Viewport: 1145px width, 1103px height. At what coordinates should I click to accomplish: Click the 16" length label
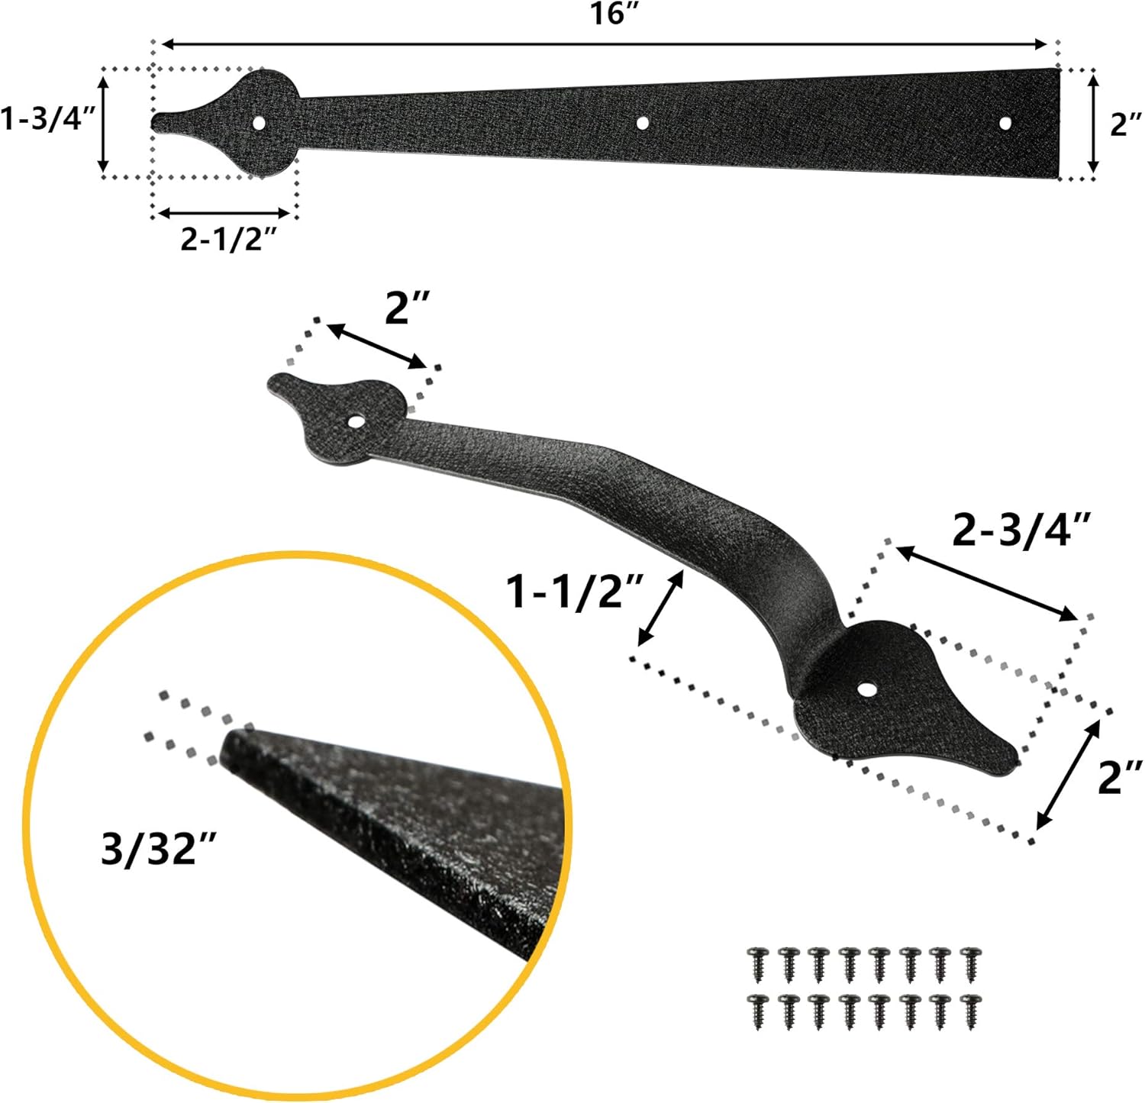pyautogui.click(x=613, y=14)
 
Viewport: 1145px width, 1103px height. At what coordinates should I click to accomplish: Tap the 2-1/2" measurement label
pyautogui.click(x=227, y=239)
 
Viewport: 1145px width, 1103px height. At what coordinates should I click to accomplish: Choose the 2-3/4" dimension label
pyautogui.click(x=1021, y=530)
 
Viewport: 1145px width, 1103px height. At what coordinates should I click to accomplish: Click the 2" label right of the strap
pyautogui.click(x=1125, y=124)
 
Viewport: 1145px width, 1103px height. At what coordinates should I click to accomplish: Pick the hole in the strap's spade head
pyautogui.click(x=260, y=122)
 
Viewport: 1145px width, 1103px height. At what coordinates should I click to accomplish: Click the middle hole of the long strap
pyautogui.click(x=643, y=122)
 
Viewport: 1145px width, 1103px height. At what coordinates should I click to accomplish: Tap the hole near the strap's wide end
pyautogui.click(x=1005, y=123)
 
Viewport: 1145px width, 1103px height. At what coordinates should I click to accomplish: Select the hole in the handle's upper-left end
pyautogui.click(x=356, y=421)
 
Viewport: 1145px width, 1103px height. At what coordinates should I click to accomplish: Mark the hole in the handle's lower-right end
pyautogui.click(x=866, y=689)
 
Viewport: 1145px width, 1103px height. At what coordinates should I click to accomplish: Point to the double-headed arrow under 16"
pyautogui.click(x=604, y=45)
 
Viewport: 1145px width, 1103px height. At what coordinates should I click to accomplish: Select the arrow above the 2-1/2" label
pyautogui.click(x=224, y=214)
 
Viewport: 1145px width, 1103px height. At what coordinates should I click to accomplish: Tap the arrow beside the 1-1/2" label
pyautogui.click(x=661, y=608)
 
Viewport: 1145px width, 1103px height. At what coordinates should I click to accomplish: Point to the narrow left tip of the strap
pyautogui.click(x=157, y=122)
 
